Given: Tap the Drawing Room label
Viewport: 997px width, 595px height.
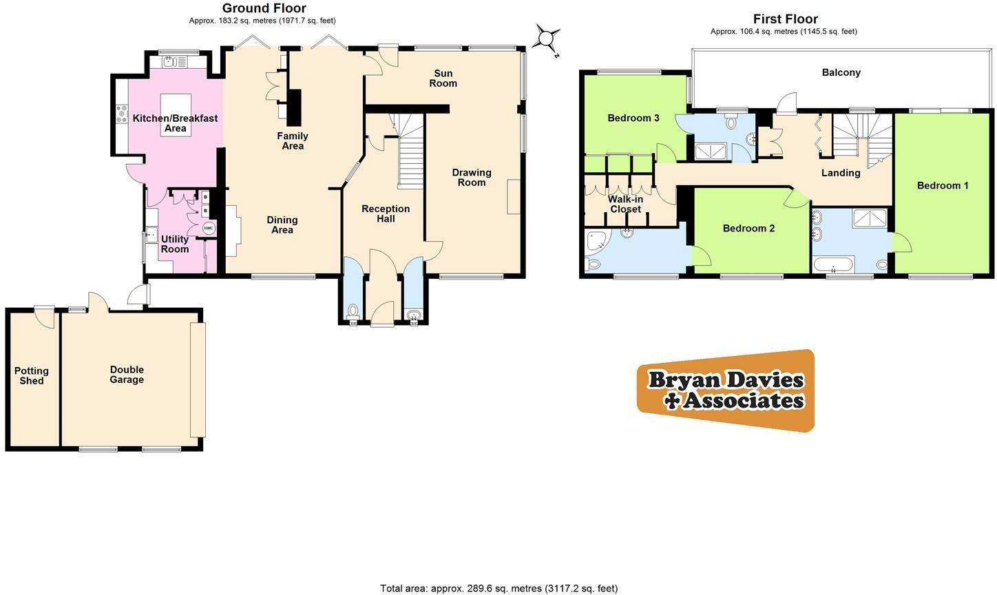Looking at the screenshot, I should [472, 178].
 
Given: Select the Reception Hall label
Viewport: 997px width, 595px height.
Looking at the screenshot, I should [386, 213].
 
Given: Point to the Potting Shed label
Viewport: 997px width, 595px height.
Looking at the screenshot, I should [32, 376].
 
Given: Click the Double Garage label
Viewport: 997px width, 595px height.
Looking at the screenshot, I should [127, 375].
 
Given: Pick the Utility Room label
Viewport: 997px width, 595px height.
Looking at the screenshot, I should [175, 244].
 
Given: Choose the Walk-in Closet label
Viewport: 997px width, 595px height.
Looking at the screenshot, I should [625, 205].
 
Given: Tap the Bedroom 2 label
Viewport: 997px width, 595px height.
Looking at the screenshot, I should [748, 228].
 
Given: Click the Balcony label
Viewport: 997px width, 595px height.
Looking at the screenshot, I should [841, 72].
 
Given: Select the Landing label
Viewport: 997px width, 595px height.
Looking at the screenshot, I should [841, 173].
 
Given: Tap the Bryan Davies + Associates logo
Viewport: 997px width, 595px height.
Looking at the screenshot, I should [726, 390].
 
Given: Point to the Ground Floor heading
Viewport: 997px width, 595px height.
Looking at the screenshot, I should [264, 8].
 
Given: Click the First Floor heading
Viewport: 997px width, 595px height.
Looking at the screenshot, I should [785, 19].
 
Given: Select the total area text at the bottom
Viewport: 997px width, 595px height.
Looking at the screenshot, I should [498, 588].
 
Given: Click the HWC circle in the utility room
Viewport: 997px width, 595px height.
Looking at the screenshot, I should [209, 229].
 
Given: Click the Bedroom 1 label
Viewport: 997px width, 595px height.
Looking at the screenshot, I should [943, 185].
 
